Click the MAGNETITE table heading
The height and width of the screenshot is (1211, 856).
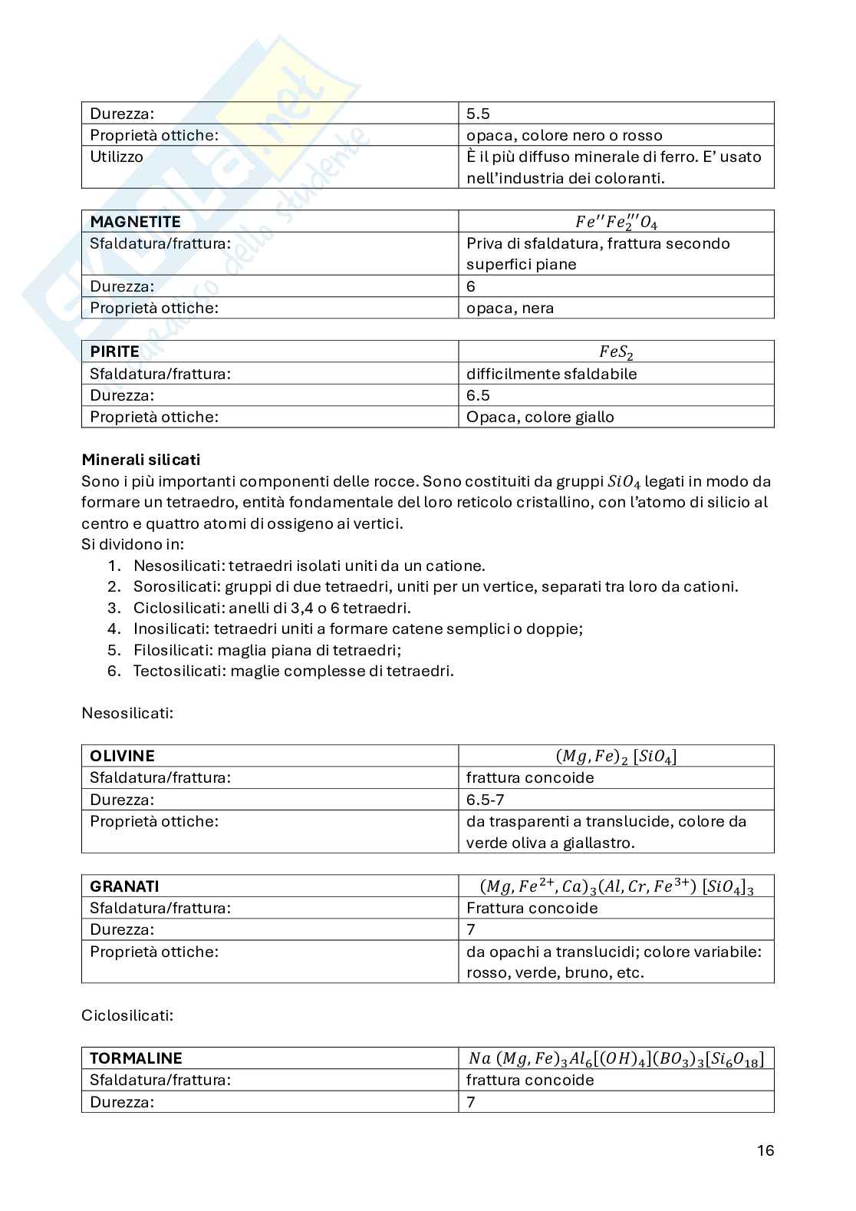click(x=135, y=222)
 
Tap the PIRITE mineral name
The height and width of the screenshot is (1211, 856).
click(x=114, y=352)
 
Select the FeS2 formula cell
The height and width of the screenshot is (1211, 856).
click(x=616, y=352)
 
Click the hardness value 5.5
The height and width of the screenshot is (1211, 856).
click(x=478, y=114)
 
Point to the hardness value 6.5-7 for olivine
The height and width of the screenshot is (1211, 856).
click(x=485, y=800)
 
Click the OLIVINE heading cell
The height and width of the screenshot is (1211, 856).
click(x=122, y=756)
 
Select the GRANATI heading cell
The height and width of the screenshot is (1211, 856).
click(x=124, y=886)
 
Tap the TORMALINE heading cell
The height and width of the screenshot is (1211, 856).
click(x=136, y=1058)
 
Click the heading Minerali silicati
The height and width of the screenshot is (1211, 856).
click(x=140, y=460)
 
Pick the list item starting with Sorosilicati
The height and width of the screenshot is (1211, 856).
click(x=435, y=587)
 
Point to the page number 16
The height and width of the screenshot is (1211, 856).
click(x=765, y=1150)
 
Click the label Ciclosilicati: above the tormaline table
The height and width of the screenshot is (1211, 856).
click(x=127, y=1015)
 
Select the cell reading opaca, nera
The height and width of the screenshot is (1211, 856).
click(x=510, y=309)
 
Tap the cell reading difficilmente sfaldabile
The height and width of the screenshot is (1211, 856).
click(x=551, y=374)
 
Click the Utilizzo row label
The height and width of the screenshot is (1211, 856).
click(x=117, y=157)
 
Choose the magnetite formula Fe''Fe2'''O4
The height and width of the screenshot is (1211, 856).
click(x=616, y=222)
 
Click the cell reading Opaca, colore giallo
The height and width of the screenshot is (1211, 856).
click(x=540, y=417)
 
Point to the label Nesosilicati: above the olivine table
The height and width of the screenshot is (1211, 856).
click(x=127, y=713)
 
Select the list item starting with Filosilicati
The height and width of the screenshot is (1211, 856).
click(x=267, y=650)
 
